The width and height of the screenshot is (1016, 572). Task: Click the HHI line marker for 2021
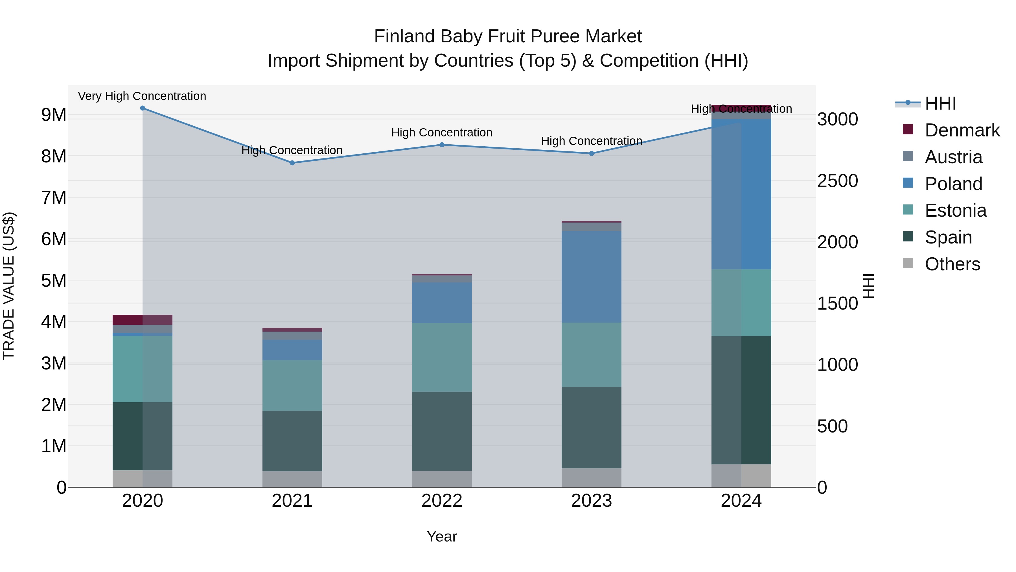[292, 163]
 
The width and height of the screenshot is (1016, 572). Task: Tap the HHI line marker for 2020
[143, 108]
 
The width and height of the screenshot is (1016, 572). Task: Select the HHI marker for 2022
[442, 145]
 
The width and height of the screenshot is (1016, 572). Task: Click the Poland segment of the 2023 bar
[591, 277]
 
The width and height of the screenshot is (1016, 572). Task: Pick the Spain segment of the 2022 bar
[442, 431]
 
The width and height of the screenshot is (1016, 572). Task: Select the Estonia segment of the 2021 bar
[292, 385]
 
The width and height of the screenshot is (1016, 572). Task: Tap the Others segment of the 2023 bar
[591, 478]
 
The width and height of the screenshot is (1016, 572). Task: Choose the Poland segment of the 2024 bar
[741, 194]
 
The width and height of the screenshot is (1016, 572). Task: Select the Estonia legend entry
[955, 210]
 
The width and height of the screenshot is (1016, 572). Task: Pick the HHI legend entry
[940, 103]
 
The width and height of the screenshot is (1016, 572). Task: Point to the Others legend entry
[952, 264]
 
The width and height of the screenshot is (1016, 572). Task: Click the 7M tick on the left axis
[54, 197]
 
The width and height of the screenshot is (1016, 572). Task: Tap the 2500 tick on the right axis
[837, 181]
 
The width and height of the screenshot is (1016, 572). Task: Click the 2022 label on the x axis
[442, 501]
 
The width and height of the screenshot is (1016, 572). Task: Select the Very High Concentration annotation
[142, 96]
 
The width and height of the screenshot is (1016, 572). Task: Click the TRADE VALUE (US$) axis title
[9, 286]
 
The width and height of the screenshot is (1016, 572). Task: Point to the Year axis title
[442, 536]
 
